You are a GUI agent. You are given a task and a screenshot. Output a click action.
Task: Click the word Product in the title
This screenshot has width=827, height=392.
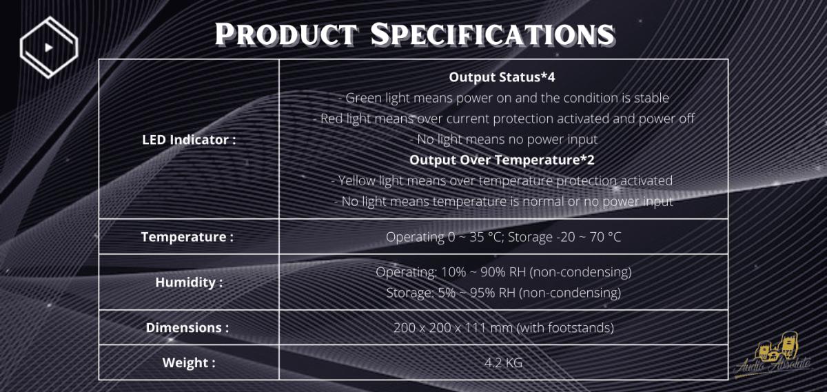click(286, 34)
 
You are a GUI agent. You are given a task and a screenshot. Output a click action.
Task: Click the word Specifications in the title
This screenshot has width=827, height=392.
click(493, 34)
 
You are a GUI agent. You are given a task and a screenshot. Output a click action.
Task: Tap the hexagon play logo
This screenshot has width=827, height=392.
click(49, 48)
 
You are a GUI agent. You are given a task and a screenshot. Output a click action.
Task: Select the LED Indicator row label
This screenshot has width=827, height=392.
click(189, 140)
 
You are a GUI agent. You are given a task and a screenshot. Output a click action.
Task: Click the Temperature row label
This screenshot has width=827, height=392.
click(187, 237)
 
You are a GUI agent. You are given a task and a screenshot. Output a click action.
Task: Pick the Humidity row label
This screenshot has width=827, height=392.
click(189, 282)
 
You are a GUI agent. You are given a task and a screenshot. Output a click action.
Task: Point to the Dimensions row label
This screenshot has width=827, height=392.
click(187, 328)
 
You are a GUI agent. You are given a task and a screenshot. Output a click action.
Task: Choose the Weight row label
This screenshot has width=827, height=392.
click(189, 363)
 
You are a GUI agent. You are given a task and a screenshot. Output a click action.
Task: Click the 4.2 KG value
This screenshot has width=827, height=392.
click(503, 363)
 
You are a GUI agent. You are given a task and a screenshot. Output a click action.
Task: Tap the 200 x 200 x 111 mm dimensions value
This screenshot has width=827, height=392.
click(503, 328)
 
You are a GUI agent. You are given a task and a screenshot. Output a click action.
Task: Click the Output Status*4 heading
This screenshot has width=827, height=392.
click(502, 77)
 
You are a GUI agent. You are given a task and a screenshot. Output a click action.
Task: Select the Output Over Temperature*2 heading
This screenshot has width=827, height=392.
click(502, 160)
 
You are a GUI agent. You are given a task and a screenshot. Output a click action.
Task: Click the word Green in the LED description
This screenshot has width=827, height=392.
click(363, 99)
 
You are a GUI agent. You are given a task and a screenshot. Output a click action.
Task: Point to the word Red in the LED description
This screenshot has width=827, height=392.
click(331, 119)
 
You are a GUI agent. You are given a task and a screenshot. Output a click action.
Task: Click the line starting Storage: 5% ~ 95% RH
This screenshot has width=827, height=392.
click(503, 293)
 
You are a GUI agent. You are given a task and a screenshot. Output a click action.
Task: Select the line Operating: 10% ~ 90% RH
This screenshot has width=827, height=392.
click(503, 272)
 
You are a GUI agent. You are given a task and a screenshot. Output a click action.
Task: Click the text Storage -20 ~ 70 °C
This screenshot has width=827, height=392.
click(564, 237)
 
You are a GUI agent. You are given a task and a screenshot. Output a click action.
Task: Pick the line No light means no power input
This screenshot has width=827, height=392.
click(503, 140)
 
